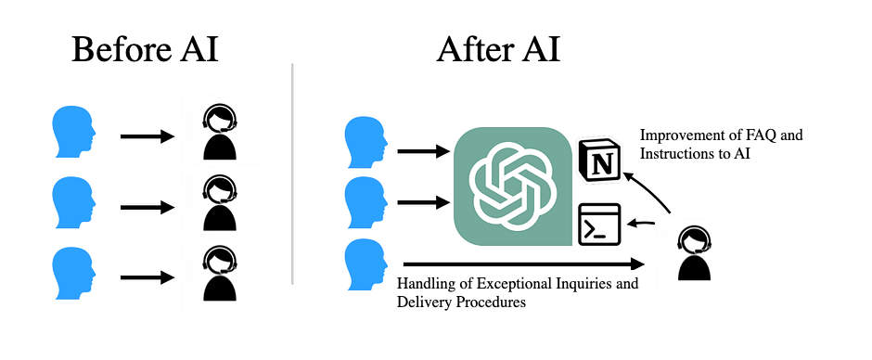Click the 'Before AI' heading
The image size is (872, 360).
(145, 49)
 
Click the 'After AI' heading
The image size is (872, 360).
(498, 49)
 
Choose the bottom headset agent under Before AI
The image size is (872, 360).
(219, 271)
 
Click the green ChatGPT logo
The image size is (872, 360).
(512, 186)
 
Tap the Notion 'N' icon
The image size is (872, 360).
(600, 161)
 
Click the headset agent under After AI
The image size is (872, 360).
(697, 253)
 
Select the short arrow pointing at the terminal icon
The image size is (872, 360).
(642, 224)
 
